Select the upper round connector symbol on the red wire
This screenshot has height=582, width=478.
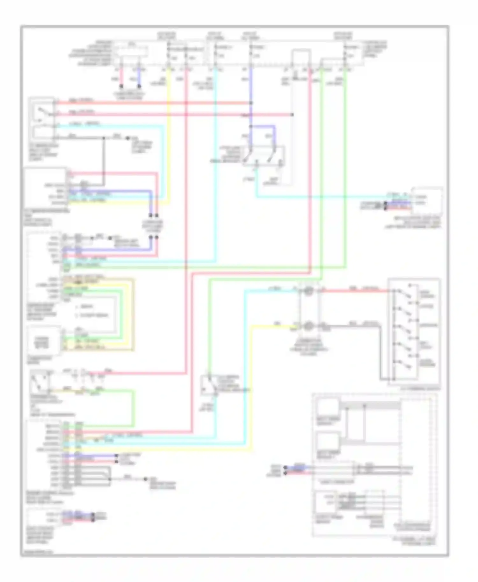point(308,291)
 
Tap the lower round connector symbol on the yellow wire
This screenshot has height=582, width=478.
point(308,326)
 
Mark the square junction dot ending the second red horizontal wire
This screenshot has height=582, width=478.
point(292,115)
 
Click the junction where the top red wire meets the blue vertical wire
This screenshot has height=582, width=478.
point(251,103)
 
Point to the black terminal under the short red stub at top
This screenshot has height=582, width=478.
point(121,86)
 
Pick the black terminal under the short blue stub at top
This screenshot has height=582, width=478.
point(139,86)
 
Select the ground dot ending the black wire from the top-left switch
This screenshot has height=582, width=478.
point(128,138)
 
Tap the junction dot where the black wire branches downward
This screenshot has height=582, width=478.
point(104,138)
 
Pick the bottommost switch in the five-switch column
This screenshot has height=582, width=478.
point(406,364)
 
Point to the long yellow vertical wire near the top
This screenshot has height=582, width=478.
point(169,127)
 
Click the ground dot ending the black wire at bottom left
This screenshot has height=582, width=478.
point(145,479)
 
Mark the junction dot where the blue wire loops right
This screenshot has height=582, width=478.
point(251,126)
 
